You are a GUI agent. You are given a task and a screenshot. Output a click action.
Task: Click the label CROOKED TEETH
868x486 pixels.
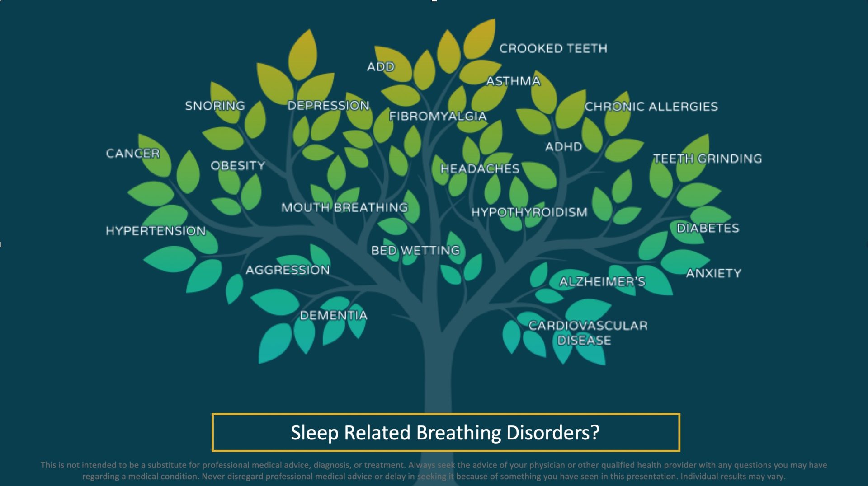[553, 48]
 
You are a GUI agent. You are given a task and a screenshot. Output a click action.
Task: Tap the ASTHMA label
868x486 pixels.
[513, 81]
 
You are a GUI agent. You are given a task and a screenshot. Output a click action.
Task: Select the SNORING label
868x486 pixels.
[215, 106]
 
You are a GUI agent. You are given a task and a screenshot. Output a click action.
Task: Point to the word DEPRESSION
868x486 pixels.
[328, 106]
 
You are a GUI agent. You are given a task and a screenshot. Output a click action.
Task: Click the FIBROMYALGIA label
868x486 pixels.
[438, 116]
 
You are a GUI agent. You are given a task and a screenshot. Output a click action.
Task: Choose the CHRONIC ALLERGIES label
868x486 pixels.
[651, 107]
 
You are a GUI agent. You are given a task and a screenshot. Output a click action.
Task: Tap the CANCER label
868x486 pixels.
[132, 154]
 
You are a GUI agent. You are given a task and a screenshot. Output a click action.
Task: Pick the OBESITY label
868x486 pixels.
[238, 166]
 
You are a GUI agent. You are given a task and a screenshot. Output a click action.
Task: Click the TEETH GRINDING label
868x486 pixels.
[708, 159]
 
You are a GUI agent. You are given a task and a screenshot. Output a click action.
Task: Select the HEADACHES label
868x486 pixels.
[480, 169]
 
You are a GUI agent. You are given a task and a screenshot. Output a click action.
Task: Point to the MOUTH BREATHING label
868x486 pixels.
[344, 207]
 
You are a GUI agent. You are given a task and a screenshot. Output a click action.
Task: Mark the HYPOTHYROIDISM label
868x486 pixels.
[529, 212]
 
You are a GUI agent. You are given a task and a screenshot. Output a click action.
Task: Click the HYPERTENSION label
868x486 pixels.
[156, 231]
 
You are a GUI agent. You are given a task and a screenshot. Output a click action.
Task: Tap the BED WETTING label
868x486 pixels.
[415, 250]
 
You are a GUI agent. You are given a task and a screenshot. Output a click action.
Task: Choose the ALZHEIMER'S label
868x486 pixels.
[602, 282]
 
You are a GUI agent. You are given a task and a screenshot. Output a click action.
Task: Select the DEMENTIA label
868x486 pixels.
[333, 315]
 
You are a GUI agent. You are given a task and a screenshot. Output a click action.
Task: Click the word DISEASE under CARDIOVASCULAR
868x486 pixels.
[584, 340]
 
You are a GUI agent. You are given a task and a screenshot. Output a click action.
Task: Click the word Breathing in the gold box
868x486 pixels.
[458, 433]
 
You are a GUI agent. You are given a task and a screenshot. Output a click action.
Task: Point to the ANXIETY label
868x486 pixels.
[713, 273]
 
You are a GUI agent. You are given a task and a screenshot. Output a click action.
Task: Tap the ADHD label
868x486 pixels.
[563, 147]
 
